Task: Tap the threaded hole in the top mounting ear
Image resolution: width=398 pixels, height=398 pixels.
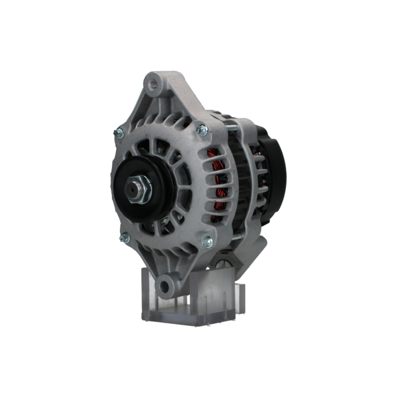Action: pos(153,84)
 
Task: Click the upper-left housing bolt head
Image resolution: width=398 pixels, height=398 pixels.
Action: pos(119,133)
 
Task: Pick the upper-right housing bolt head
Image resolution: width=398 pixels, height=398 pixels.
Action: pos(202,129)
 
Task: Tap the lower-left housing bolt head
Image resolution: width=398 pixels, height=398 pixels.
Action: pos(124,238)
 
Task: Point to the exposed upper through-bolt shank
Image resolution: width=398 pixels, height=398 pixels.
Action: pos(233,129)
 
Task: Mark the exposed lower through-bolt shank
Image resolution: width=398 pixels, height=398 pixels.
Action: pos(236,237)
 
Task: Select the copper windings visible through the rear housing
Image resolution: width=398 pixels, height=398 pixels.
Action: pos(260,179)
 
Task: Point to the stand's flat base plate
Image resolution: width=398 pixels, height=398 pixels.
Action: pos(187,318)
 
